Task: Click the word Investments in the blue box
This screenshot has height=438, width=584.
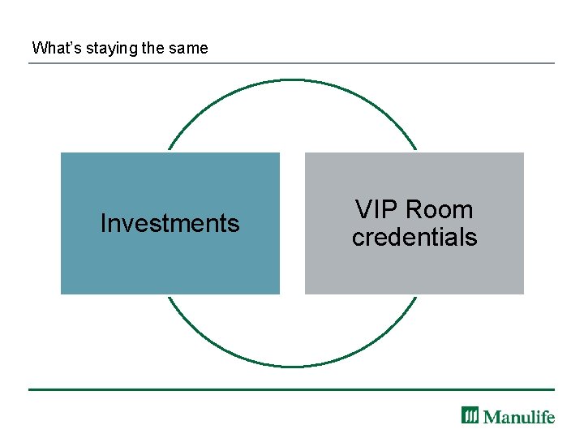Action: (x=170, y=223)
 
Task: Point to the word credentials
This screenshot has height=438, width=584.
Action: (x=414, y=237)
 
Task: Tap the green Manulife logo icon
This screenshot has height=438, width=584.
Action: (x=470, y=415)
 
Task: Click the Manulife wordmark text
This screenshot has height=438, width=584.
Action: (x=519, y=416)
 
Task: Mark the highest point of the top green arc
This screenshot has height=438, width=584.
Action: (x=292, y=79)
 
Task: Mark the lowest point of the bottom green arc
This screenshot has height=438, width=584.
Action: (x=292, y=367)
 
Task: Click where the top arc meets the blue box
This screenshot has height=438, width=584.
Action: (x=169, y=152)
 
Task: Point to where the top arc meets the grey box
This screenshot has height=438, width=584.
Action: (x=416, y=152)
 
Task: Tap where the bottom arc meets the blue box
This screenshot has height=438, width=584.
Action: (x=168, y=294)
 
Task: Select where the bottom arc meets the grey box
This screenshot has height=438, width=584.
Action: (x=417, y=294)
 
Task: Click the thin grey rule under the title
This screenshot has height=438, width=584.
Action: (x=292, y=63)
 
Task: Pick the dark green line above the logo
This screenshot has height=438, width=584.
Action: (x=292, y=389)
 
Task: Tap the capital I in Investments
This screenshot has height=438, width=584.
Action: (x=103, y=223)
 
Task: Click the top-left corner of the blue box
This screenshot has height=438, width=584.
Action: (x=62, y=153)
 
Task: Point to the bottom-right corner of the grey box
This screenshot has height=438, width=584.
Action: (x=523, y=293)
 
